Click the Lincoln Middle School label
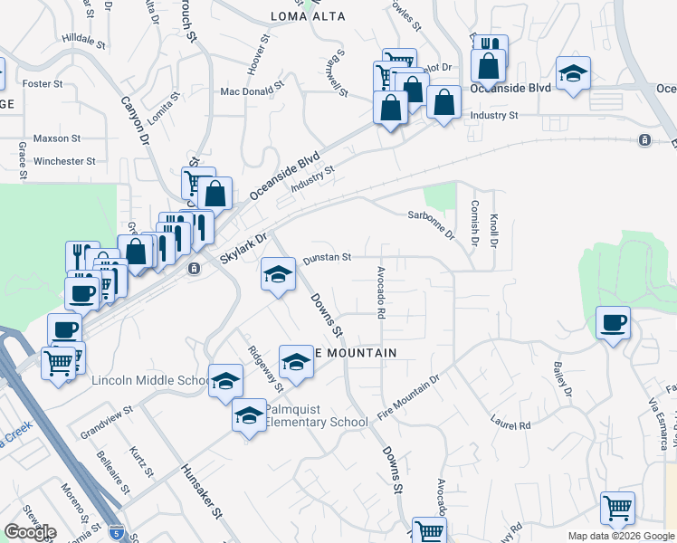click(x=150, y=380)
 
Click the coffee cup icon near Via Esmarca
click(x=613, y=322)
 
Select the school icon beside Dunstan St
click(x=278, y=274)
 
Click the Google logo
click(x=30, y=532)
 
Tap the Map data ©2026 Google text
click(x=620, y=536)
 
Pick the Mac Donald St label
click(x=253, y=91)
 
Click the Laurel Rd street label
click(x=510, y=423)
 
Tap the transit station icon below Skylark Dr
click(x=194, y=270)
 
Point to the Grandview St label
click(x=107, y=416)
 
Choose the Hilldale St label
click(x=84, y=40)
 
